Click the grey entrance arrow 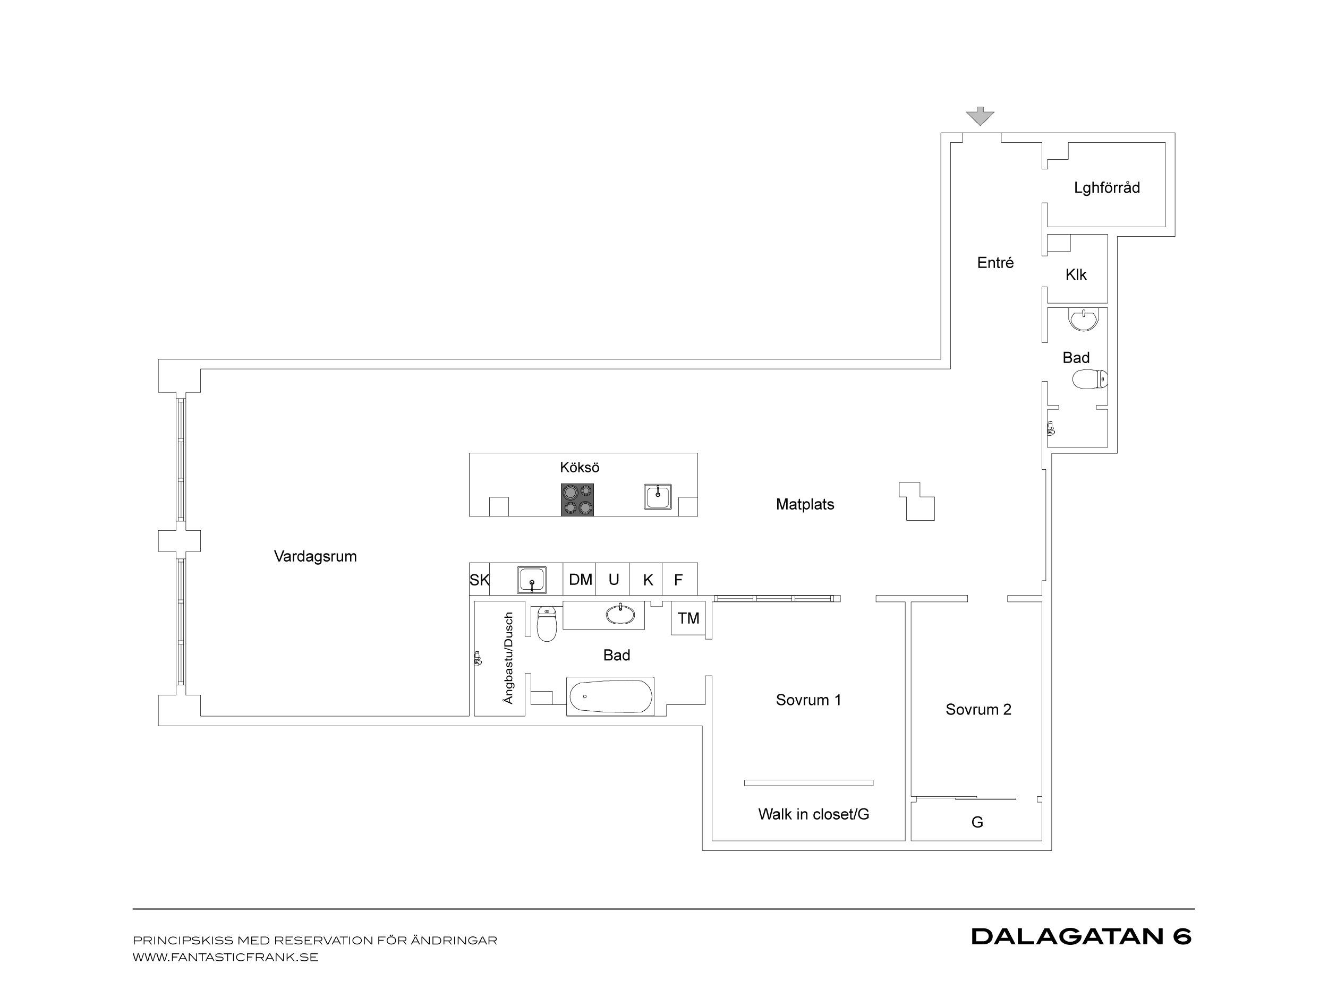[x=980, y=116]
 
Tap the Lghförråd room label [x=1107, y=188]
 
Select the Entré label [x=995, y=263]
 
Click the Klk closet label [x=1076, y=274]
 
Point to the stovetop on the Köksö [x=577, y=499]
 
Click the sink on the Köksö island [x=658, y=497]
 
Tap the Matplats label [x=805, y=505]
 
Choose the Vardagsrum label [x=315, y=557]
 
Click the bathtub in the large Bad [x=610, y=696]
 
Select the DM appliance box [x=580, y=579]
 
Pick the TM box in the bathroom [x=688, y=618]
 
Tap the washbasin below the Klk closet [x=1084, y=319]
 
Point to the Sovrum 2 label [x=978, y=710]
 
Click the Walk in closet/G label [x=814, y=814]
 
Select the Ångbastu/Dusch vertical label [x=508, y=658]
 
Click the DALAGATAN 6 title [x=1081, y=937]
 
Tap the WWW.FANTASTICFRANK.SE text [x=225, y=958]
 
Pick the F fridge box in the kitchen [x=679, y=579]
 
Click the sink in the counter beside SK [x=532, y=580]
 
